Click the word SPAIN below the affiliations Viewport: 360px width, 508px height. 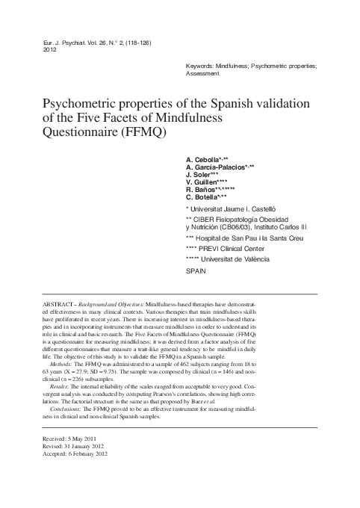point(195,273)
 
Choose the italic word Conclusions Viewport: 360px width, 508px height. point(72,430)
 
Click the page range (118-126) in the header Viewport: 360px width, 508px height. point(137,43)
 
